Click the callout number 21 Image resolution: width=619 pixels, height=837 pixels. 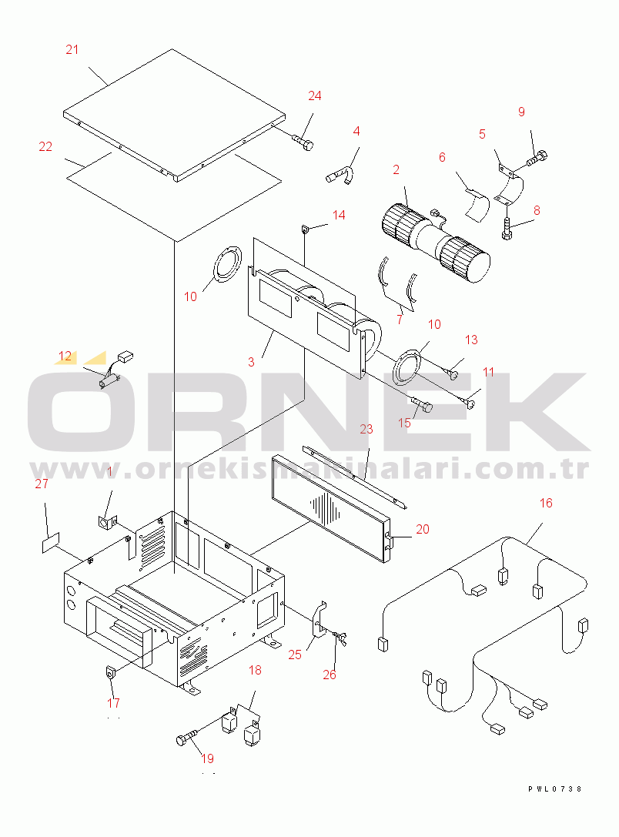point(72,49)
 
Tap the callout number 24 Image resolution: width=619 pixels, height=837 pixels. point(315,95)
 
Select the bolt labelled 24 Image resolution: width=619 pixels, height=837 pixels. point(303,142)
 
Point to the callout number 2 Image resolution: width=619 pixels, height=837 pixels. point(396,169)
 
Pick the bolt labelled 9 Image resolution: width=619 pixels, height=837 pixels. point(537,159)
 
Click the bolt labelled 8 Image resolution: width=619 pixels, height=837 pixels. point(506,229)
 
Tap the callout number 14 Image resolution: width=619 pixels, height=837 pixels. point(339,215)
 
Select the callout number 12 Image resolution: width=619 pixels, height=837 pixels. point(65,356)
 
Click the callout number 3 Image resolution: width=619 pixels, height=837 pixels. point(251,362)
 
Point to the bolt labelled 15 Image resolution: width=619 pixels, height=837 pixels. point(423,403)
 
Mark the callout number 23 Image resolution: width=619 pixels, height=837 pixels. point(366,429)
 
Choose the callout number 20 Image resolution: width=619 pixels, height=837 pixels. point(423,529)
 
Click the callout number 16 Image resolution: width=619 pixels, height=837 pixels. point(546,503)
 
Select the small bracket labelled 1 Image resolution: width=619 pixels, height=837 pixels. point(107,521)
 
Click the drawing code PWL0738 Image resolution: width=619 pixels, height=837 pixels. point(554,789)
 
